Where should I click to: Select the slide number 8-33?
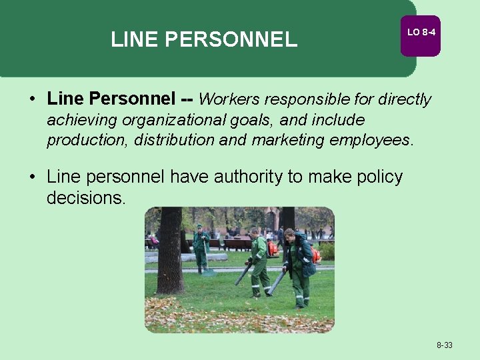point(445,345)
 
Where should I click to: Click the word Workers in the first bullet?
point(229,100)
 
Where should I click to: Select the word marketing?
point(287,141)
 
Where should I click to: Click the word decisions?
point(85,198)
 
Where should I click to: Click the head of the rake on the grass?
point(209,273)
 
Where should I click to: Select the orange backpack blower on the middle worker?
point(272,249)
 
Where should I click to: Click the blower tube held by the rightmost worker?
point(276,282)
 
